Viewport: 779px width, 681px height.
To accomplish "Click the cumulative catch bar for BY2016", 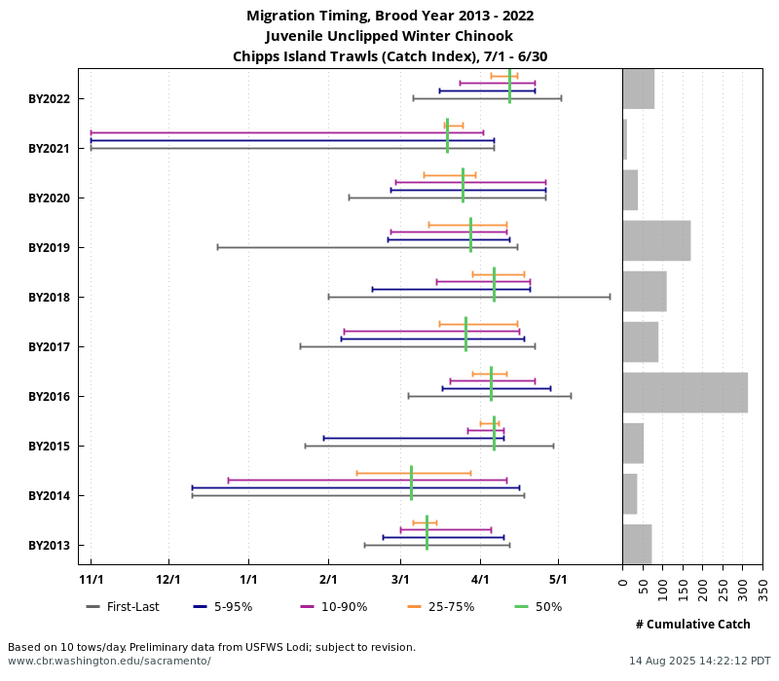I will click(686, 392).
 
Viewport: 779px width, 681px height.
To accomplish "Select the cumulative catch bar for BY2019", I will click(656, 240).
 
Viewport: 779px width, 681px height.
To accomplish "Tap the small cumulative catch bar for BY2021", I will click(625, 139).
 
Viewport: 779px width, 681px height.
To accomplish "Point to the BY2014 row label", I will click(49, 496).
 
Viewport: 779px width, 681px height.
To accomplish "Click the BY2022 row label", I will click(49, 99).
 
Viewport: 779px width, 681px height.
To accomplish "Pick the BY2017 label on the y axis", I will click(49, 347).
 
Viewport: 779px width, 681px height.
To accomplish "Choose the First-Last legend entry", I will click(123, 607).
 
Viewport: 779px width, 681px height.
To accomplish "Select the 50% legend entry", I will click(538, 607).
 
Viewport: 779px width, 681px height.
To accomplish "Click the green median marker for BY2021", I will click(447, 135).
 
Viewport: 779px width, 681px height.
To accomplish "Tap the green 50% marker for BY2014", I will click(412, 483).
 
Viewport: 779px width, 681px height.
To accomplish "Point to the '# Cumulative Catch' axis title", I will click(692, 625).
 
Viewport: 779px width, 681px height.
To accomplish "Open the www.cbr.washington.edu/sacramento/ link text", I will click(109, 661).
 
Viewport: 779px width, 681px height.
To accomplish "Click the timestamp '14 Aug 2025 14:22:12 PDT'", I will click(699, 661).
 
